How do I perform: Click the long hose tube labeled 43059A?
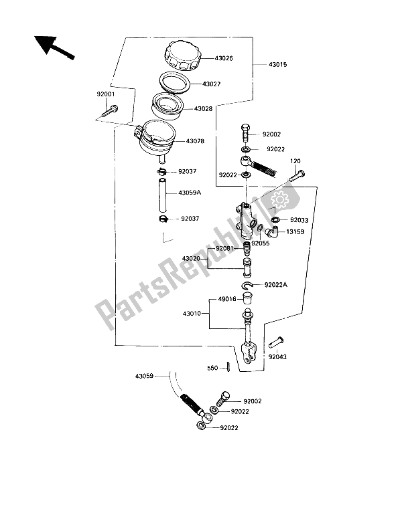[x=162, y=194]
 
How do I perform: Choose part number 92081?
[x=224, y=249]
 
